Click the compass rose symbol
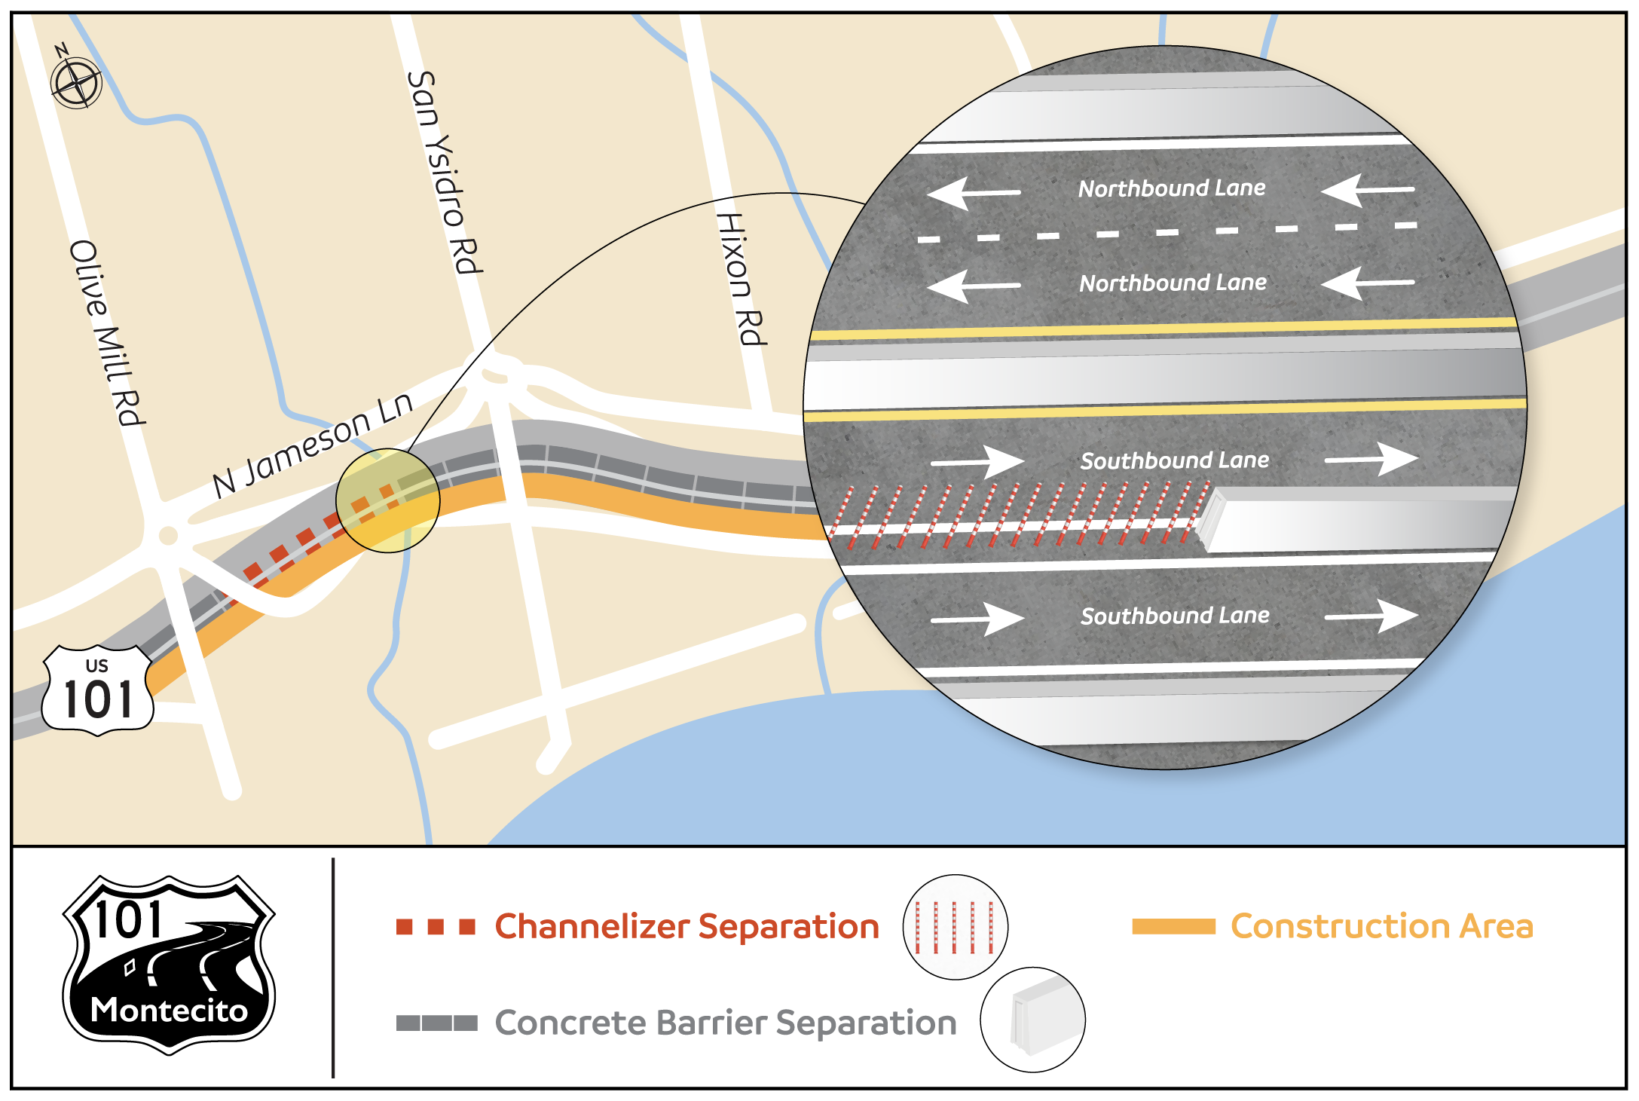point(76,82)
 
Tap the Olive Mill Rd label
point(106,333)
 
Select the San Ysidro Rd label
point(444,173)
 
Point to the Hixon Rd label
point(741,279)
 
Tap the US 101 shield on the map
point(98,690)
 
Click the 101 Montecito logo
point(169,965)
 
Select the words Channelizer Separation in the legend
point(686,926)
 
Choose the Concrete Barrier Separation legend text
point(725,1023)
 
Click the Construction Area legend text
point(1382,926)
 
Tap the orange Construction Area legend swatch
point(1173,927)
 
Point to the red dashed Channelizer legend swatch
point(436,927)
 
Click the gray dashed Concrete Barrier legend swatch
point(436,1023)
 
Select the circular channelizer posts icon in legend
point(955,927)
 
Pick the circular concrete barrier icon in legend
point(1032,1020)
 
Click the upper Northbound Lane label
point(1172,188)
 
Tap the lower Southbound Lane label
point(1175,616)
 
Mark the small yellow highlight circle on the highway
point(387,500)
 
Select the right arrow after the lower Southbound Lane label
point(1371,616)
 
